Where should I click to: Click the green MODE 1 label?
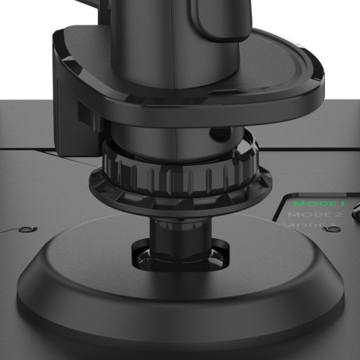(315, 204)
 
